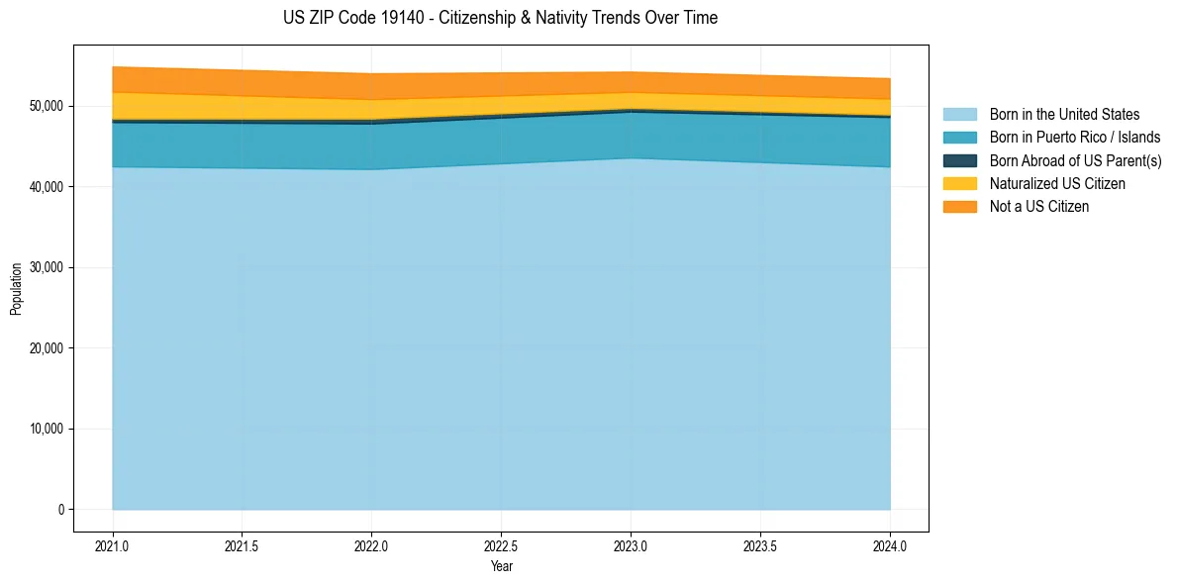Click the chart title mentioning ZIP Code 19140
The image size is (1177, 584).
(x=500, y=18)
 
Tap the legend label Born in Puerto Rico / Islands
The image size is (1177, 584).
(x=1075, y=138)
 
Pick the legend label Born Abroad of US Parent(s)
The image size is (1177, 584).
(x=1075, y=160)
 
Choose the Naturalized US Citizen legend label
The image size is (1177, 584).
(x=1057, y=183)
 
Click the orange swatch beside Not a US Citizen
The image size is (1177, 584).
(x=959, y=206)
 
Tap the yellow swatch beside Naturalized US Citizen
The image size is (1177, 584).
(x=959, y=183)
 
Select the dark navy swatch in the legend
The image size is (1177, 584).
(x=959, y=160)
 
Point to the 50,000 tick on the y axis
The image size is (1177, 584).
(x=46, y=106)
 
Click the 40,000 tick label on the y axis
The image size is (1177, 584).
(x=46, y=187)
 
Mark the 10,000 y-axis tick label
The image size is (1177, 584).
(x=46, y=429)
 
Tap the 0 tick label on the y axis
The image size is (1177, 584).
(x=60, y=510)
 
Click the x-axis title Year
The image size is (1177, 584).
(x=501, y=566)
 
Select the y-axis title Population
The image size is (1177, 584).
(x=15, y=289)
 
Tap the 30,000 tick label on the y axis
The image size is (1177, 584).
(x=46, y=267)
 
